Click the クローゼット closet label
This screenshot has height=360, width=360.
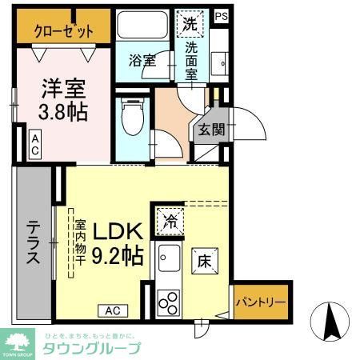(x=65, y=31)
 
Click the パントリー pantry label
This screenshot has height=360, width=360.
(x=258, y=303)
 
